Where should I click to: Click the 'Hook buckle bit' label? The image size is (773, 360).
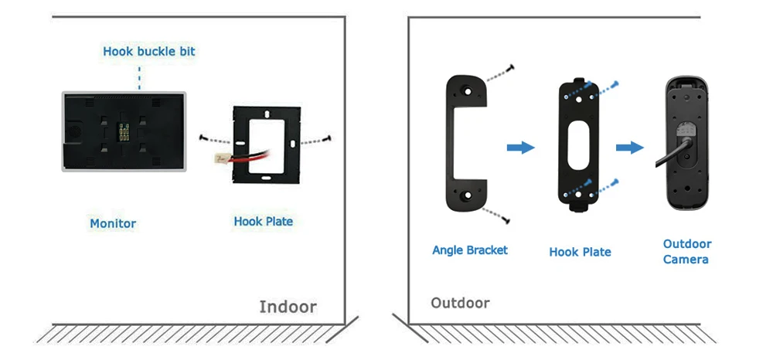pos(149,51)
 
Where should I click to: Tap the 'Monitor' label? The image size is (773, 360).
pos(113,223)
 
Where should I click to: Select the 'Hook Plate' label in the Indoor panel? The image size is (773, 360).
pos(264,222)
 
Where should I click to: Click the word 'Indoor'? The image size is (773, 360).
pos(288,307)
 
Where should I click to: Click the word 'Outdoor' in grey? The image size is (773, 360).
pos(461,303)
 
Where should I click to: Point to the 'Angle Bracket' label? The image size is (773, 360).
pos(470,250)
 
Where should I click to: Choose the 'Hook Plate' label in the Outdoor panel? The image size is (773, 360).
pos(580,252)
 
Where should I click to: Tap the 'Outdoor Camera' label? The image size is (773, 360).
pos(687,252)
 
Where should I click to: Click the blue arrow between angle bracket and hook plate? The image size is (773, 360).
pos(520,148)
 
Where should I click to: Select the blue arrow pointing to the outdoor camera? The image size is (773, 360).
pos(629,148)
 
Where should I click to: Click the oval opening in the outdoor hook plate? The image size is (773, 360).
pos(579,146)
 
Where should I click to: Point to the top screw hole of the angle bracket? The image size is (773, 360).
pos(466,91)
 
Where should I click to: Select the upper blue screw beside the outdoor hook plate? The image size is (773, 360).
pos(615,85)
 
